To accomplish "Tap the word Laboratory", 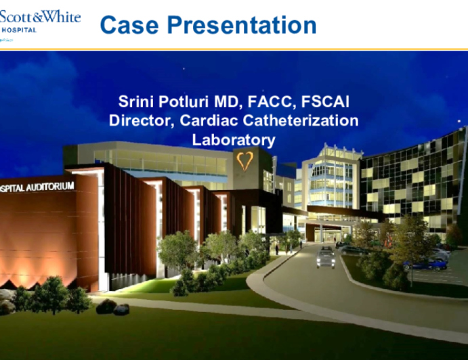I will point(234,140).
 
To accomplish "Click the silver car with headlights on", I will point(325,257).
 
